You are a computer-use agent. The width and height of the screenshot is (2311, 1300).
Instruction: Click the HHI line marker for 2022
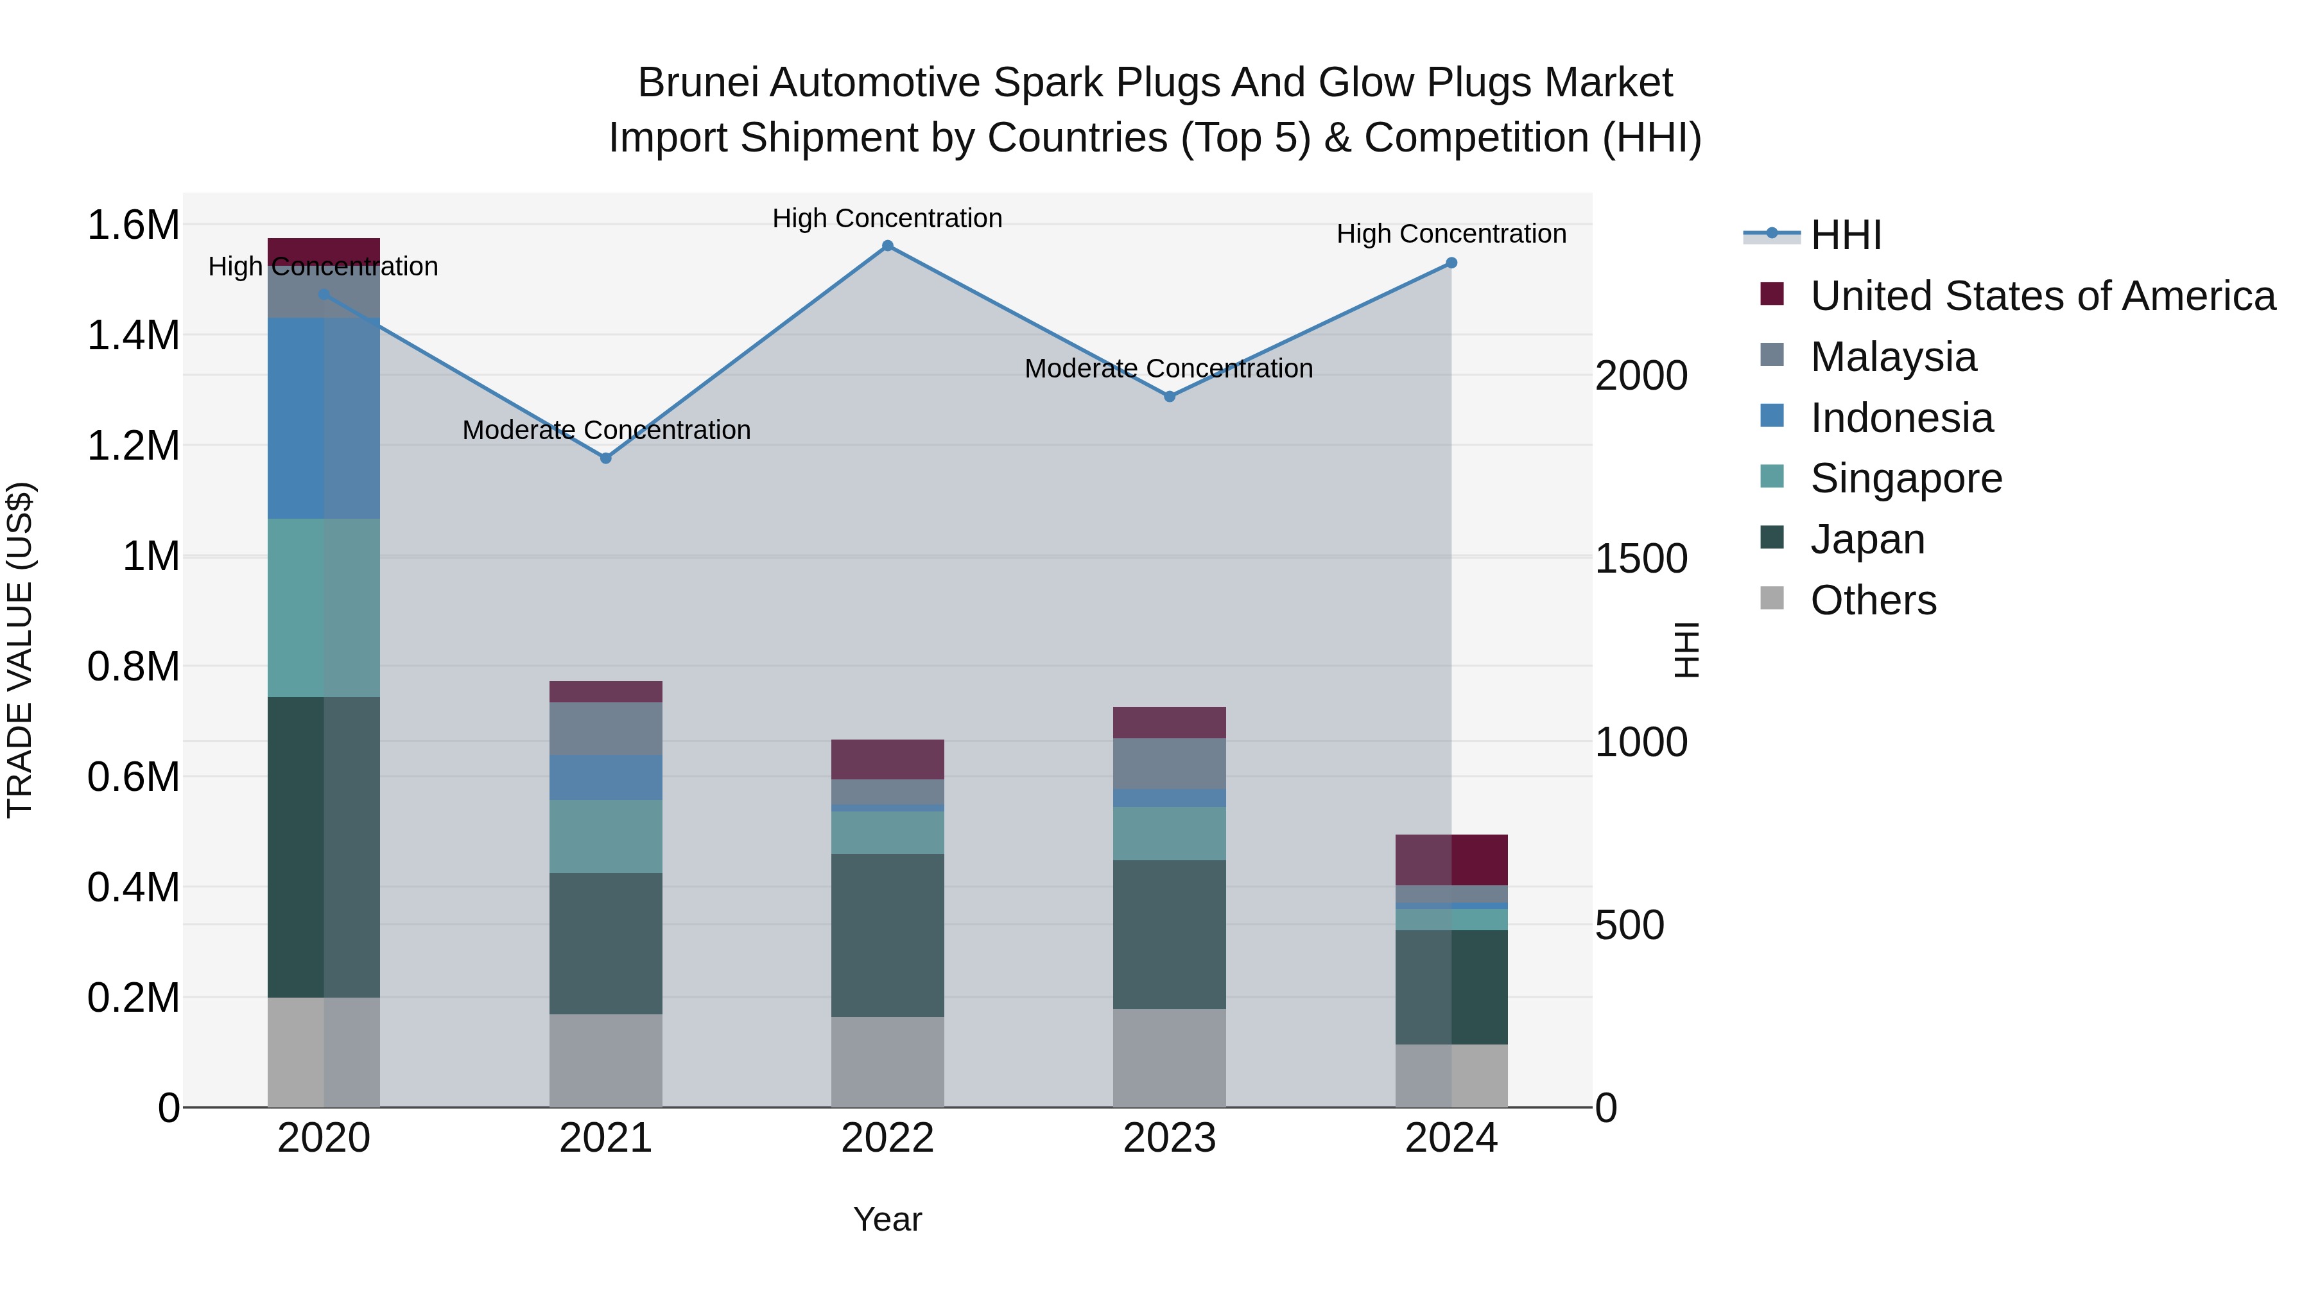(x=887, y=246)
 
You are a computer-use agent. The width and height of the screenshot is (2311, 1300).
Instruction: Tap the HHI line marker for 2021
(x=605, y=458)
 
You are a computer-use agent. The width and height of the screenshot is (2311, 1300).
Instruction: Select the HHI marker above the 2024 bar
(x=1451, y=263)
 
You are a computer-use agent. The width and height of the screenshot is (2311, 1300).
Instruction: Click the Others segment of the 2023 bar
(x=1169, y=1058)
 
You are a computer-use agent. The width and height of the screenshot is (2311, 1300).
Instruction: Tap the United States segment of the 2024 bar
(x=1451, y=860)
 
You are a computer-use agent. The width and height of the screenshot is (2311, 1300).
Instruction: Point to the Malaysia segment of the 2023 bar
(x=1169, y=763)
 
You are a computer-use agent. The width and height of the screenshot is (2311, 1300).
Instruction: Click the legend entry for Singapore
(x=1905, y=478)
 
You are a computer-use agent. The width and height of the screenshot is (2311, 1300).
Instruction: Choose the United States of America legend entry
(x=2042, y=296)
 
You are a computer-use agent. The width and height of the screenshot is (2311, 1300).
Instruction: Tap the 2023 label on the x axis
(x=1169, y=1138)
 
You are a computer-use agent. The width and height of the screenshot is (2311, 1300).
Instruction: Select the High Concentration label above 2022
(x=887, y=219)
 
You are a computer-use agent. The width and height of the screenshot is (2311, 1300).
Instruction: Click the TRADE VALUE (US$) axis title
(x=21, y=650)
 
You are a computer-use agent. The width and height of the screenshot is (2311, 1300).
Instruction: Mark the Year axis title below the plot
(x=887, y=1219)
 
